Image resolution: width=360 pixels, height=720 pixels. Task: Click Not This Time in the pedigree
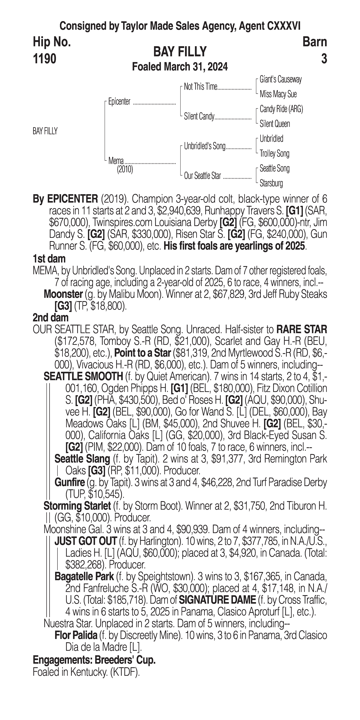point(200,87)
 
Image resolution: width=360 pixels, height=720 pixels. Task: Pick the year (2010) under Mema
point(125,169)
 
